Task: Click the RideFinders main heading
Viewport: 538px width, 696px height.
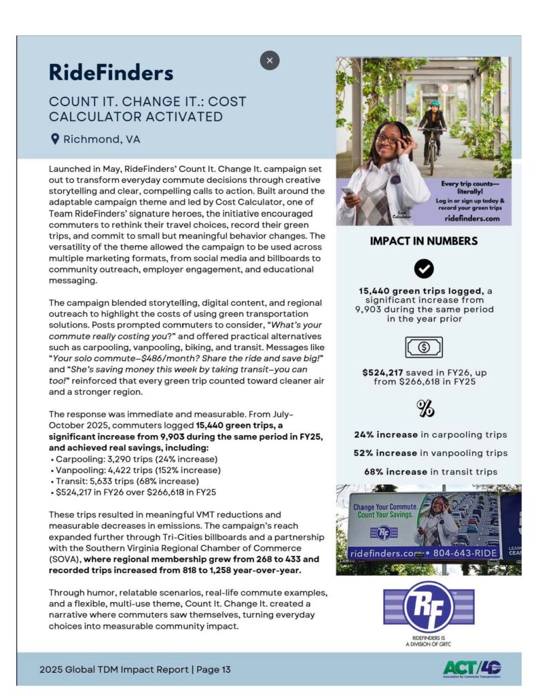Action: point(111,72)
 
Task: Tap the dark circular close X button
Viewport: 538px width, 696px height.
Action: point(270,60)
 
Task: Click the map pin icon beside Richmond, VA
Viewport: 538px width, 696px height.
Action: point(55,139)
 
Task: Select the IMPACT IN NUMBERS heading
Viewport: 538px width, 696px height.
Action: point(423,241)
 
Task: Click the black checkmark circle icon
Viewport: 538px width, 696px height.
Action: point(423,269)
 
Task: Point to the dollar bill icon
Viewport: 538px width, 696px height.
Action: point(423,347)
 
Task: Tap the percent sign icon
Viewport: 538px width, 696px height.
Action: point(424,408)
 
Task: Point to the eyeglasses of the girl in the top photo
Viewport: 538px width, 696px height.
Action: point(389,139)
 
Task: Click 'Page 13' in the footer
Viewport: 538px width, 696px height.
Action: point(213,669)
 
